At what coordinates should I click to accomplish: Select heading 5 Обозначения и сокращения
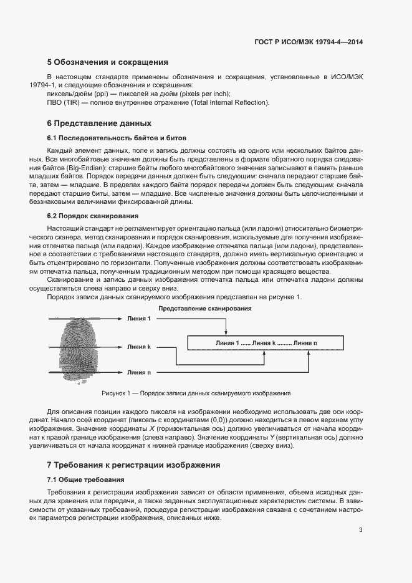[x=108, y=62]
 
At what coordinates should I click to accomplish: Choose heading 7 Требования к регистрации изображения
[x=133, y=465]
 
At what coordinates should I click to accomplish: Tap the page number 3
[x=361, y=530]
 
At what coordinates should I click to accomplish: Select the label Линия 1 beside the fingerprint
[x=138, y=319]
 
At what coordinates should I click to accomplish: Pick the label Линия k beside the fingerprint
[x=138, y=346]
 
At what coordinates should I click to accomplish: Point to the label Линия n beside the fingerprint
[x=138, y=372]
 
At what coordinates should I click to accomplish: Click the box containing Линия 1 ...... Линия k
[x=266, y=343]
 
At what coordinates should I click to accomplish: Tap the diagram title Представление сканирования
[x=205, y=309]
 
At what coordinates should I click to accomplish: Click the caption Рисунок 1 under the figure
[x=196, y=393]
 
